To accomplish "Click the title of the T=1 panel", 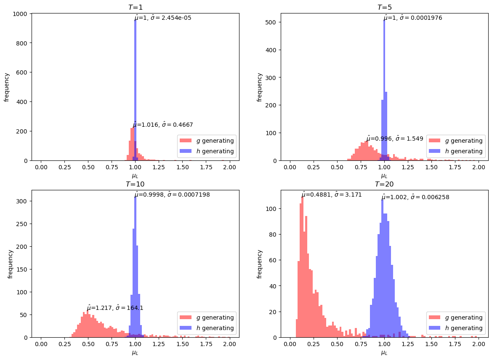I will pyautogui.click(x=135, y=7).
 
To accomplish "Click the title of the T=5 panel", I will pyautogui.click(x=384, y=7).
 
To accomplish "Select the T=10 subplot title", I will pyautogui.click(x=135, y=184).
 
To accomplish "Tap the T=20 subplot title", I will pyautogui.click(x=384, y=184).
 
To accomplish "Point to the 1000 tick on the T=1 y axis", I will pyautogui.click(x=21, y=14).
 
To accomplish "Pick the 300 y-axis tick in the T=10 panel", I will pyautogui.click(x=22, y=201).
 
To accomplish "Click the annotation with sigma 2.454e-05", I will pyautogui.click(x=163, y=18).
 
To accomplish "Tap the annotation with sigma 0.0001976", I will pyautogui.click(x=412, y=18).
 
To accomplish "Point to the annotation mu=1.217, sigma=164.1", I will pyautogui.click(x=115, y=308).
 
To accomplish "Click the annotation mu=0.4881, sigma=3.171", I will pyautogui.click(x=331, y=195).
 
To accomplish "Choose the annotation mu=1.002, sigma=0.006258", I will pyautogui.click(x=415, y=197).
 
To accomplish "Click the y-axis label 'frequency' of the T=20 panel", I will pyautogui.click(x=260, y=264).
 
